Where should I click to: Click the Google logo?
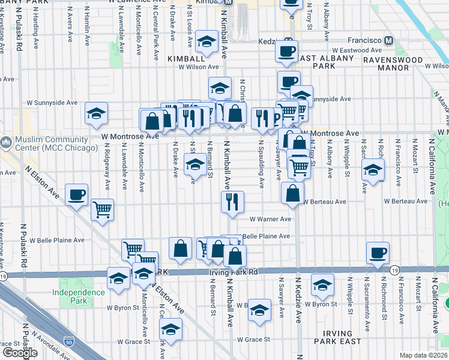[20, 352]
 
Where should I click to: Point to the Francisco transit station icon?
[389, 40]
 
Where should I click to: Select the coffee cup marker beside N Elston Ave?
[77, 194]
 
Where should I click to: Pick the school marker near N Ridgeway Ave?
[96, 113]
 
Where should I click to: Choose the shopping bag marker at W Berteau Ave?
[292, 193]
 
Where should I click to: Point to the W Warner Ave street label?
[270, 219]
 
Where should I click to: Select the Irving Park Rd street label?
[234, 272]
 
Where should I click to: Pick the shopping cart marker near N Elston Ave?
[103, 209]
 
